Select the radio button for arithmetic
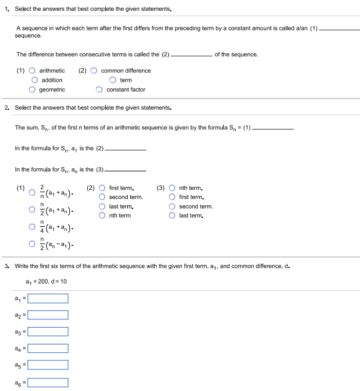32,70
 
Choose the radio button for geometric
32,90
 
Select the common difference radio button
94,70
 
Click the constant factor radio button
99,90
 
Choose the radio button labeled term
113,80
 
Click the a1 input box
48,298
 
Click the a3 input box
48,331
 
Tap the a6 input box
48,381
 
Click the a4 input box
48,347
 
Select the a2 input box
48,315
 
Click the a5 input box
48,364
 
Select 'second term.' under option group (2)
103,197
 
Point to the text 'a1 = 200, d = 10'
47,281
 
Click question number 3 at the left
6,266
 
